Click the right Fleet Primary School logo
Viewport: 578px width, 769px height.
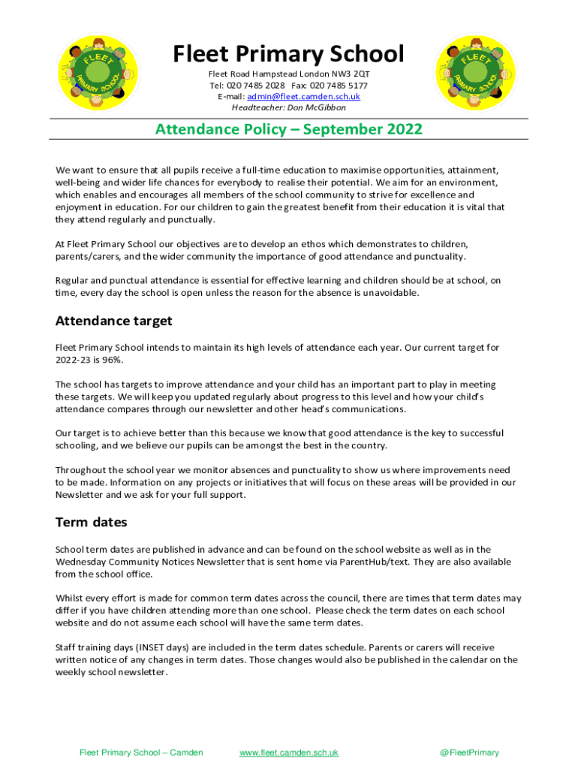point(471,72)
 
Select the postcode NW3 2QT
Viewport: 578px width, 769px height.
point(353,74)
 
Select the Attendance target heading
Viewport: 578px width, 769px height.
point(113,321)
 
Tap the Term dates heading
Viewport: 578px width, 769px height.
point(91,522)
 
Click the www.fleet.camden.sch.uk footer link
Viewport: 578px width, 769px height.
point(288,752)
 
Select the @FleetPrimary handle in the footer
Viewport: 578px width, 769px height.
point(469,752)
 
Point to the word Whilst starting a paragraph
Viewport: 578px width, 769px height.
point(69,599)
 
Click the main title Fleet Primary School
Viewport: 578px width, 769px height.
point(288,54)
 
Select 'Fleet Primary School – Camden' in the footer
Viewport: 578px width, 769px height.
point(141,752)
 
